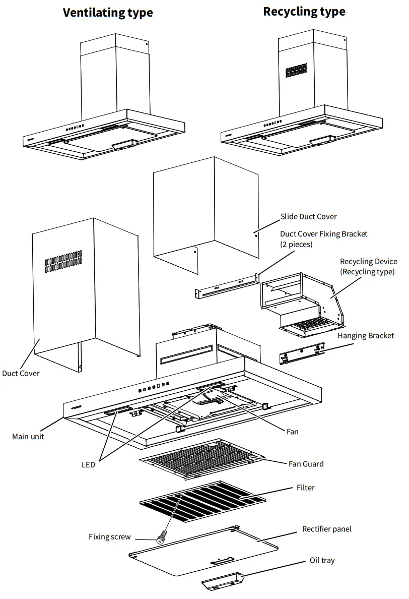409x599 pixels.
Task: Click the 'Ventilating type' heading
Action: coord(108,13)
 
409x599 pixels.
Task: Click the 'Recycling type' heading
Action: coord(304,12)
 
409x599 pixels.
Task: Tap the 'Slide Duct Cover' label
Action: coord(308,217)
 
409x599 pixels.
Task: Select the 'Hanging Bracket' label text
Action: coord(366,336)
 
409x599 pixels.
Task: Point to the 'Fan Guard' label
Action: coord(306,464)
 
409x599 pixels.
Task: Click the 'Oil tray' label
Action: coord(322,561)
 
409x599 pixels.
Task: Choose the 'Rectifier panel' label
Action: coord(327,529)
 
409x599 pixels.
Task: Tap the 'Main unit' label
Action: coord(28,437)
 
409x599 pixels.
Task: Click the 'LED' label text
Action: coord(88,465)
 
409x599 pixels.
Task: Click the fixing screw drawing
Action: coord(162,538)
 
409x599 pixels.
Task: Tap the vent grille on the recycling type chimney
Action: coord(296,70)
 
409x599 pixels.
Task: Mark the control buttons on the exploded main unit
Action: coord(152,388)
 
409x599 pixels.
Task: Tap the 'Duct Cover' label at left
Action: coord(21,373)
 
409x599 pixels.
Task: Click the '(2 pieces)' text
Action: coord(296,244)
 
